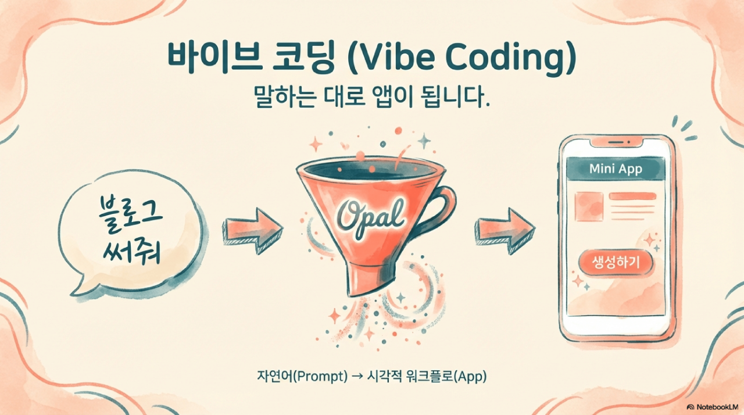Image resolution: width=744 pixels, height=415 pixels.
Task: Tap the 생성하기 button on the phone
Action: pyautogui.click(x=616, y=263)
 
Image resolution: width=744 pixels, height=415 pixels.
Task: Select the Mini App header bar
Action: pyautogui.click(x=616, y=169)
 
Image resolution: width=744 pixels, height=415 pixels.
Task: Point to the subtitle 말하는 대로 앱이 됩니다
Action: pyautogui.click(x=372, y=98)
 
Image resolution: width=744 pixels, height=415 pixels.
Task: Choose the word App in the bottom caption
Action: pyautogui.click(x=471, y=376)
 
